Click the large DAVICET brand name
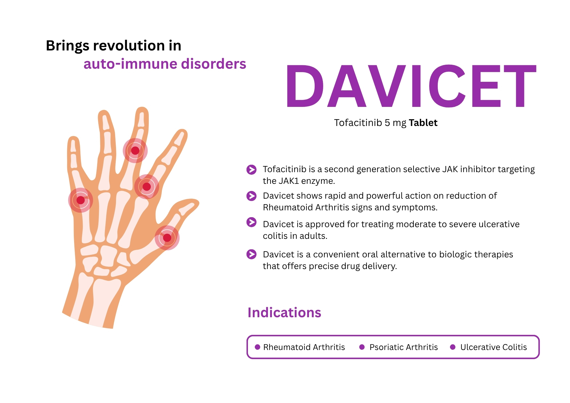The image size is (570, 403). (x=411, y=86)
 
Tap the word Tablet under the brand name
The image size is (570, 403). (x=423, y=123)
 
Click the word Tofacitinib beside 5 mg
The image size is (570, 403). (x=358, y=123)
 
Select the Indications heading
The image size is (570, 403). (x=284, y=312)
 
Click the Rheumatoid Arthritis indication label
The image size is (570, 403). (x=304, y=347)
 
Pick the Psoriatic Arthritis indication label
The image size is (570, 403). (x=404, y=347)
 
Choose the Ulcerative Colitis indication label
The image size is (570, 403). (x=494, y=347)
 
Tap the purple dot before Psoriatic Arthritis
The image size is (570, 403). (x=362, y=347)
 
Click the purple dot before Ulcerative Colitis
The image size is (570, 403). (x=453, y=347)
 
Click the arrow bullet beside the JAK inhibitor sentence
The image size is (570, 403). (x=251, y=170)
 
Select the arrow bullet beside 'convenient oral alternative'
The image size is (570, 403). (x=251, y=254)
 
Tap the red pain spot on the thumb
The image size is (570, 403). (x=167, y=238)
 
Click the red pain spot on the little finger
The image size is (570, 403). (x=81, y=200)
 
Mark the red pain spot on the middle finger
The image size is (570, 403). (x=135, y=150)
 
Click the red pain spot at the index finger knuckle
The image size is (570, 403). (x=146, y=187)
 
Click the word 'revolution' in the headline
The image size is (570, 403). (x=129, y=46)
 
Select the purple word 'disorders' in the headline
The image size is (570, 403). (x=213, y=64)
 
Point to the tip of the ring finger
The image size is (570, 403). (x=104, y=111)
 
